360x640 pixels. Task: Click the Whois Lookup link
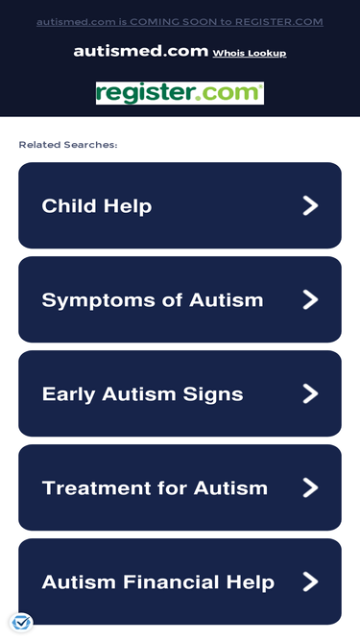coord(250,53)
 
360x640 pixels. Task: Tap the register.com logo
coord(180,93)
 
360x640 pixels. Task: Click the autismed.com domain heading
coord(141,52)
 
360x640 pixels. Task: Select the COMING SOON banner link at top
coord(180,22)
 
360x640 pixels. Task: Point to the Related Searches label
coord(68,145)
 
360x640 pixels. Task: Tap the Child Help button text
coord(97,206)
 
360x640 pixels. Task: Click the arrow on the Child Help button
coord(311,205)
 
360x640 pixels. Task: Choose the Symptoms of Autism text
coord(153,300)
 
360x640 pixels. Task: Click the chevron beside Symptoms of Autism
coord(311,299)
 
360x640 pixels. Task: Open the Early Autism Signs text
coord(142,394)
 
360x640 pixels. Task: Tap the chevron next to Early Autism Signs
coord(311,393)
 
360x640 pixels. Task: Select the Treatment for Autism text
coord(155,488)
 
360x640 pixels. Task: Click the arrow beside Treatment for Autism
coord(311,487)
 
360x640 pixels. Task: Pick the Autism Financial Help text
coord(158,582)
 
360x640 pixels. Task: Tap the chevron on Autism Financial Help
coord(311,581)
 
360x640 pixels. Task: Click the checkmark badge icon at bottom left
coord(21,623)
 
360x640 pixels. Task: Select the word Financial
coord(172,582)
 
